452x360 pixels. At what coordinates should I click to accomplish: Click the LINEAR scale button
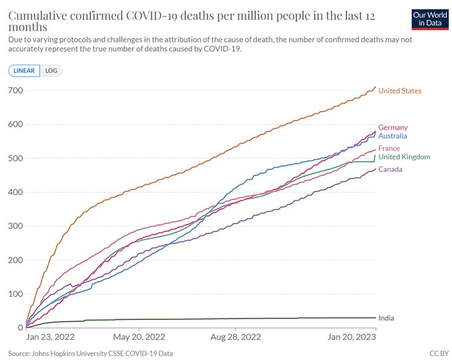pos(24,70)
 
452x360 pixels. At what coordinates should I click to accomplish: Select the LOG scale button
pos(51,70)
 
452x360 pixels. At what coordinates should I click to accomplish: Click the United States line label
pos(400,91)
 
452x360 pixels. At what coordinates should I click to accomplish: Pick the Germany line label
pos(393,127)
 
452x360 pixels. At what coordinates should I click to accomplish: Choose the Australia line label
pos(393,136)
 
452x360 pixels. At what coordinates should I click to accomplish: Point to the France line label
pos(389,149)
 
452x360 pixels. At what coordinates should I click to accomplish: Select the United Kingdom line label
pos(404,157)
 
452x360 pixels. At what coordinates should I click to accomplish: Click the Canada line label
pos(390,169)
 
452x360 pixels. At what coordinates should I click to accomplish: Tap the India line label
pos(386,318)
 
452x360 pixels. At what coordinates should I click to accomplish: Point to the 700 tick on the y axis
pos(15,91)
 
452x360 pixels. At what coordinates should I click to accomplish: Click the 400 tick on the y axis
pos(15,193)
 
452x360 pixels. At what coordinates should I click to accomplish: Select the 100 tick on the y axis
pos(15,294)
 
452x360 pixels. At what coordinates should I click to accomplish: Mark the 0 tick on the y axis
pos(20,328)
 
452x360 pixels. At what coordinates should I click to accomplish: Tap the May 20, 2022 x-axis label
pos(140,337)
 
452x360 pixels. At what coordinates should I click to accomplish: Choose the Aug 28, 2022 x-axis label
pos(235,337)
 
